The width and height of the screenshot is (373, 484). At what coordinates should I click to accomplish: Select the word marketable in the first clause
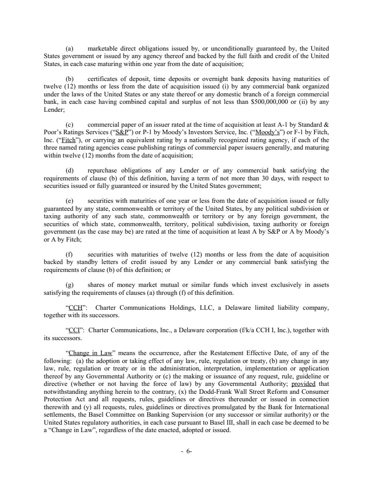pyautogui.click(x=105, y=48)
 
